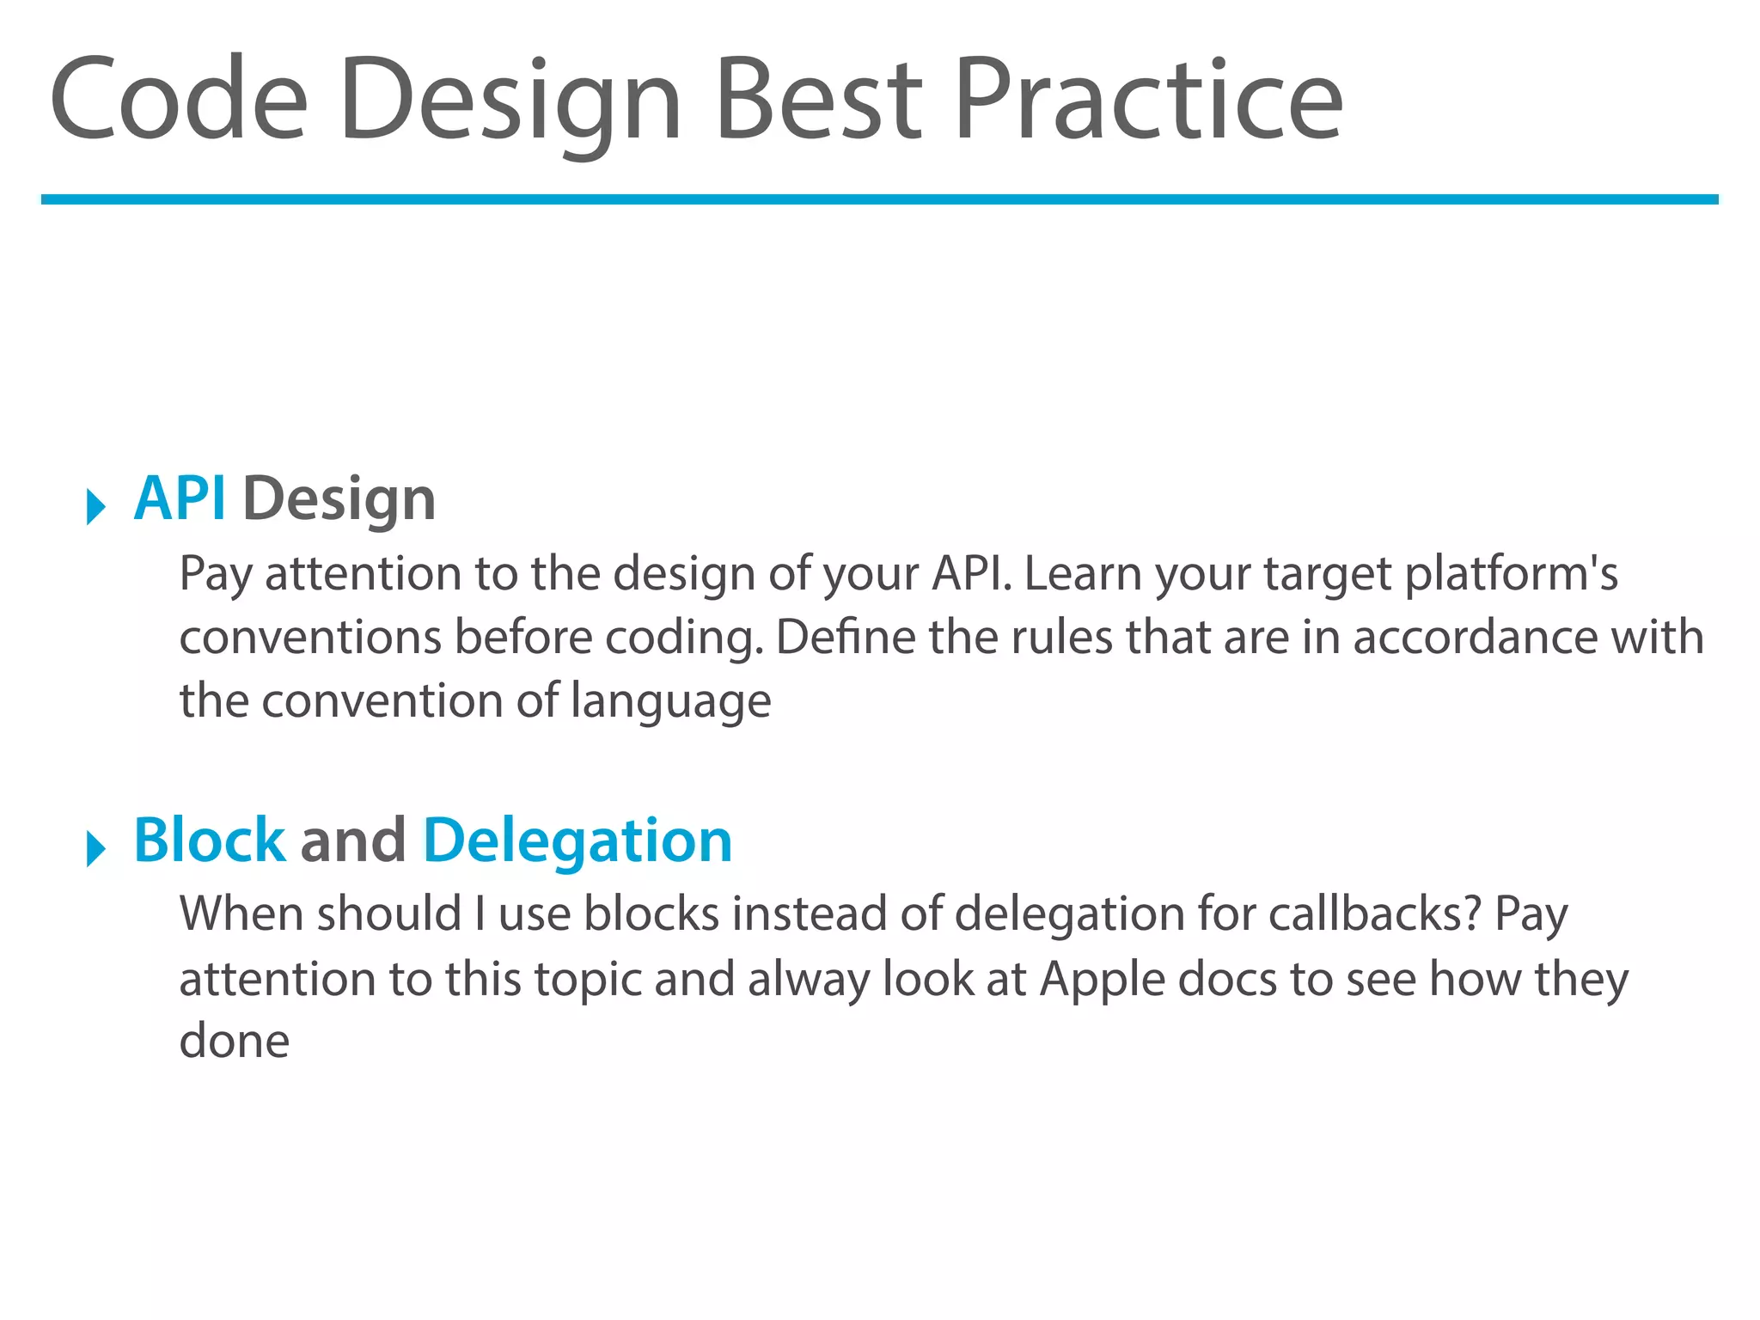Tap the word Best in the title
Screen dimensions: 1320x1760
(x=818, y=99)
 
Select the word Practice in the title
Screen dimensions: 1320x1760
(x=1147, y=99)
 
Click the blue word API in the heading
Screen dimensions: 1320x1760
(x=180, y=498)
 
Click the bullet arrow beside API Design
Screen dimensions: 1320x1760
(x=95, y=506)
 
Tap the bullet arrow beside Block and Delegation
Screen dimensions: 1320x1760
(x=95, y=849)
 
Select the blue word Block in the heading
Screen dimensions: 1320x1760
(x=209, y=840)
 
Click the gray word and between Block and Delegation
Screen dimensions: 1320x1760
(x=353, y=840)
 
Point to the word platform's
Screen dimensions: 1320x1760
(x=1511, y=574)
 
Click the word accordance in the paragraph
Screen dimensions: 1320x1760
(x=1475, y=638)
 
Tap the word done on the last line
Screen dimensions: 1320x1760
(x=234, y=1042)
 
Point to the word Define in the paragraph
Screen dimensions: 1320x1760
(x=846, y=638)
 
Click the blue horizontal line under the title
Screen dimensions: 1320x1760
(x=879, y=199)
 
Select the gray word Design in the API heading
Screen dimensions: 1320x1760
(x=339, y=500)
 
